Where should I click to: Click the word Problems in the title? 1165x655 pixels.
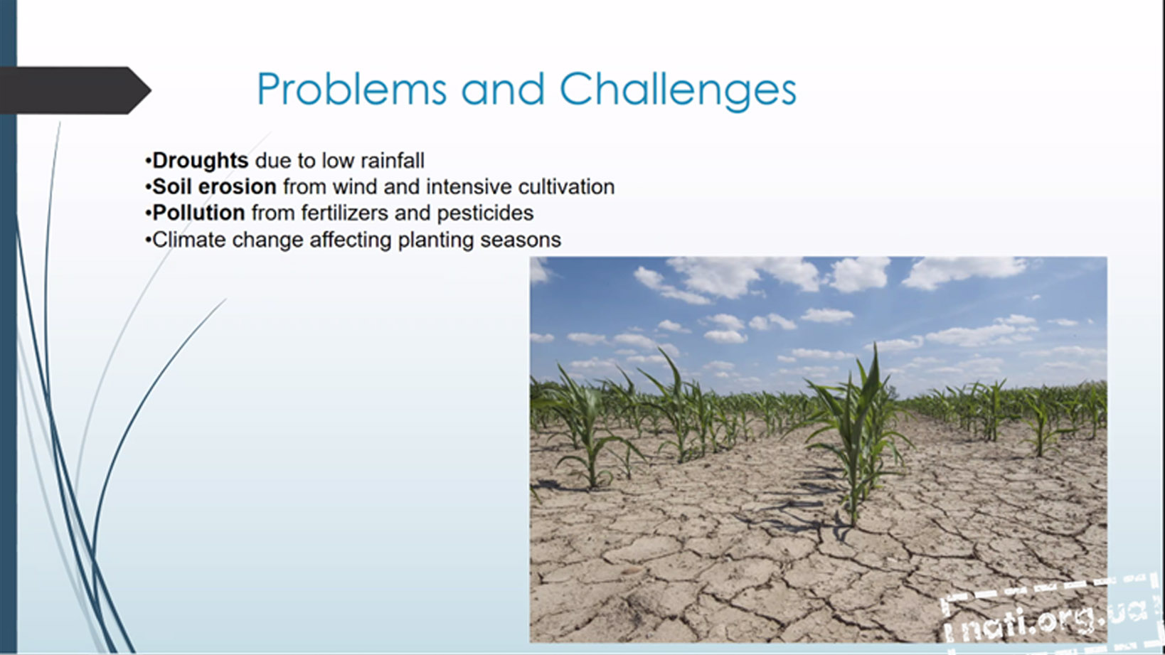(x=351, y=89)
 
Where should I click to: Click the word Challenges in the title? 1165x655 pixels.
(x=678, y=90)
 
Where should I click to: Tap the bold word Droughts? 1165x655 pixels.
(x=201, y=161)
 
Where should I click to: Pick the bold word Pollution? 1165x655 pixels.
(x=198, y=213)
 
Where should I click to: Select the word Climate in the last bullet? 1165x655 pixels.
(x=189, y=240)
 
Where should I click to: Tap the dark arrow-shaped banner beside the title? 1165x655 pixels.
(x=75, y=90)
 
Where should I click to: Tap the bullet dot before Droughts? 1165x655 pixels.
(x=148, y=161)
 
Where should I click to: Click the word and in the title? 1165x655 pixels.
(x=503, y=89)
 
